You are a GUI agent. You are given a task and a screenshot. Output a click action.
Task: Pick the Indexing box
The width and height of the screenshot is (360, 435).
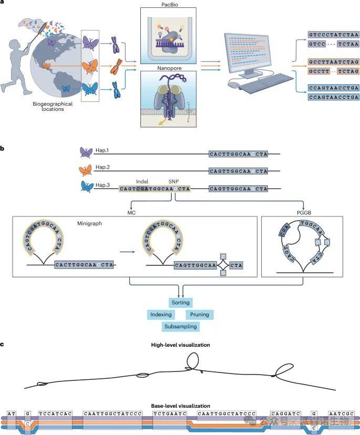161,315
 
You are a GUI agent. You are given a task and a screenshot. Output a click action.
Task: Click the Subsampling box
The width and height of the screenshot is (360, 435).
180,326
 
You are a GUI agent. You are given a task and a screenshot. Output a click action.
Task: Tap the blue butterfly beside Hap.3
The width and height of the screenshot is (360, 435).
86,186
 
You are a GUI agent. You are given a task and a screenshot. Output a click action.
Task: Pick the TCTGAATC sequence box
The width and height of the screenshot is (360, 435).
169,413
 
